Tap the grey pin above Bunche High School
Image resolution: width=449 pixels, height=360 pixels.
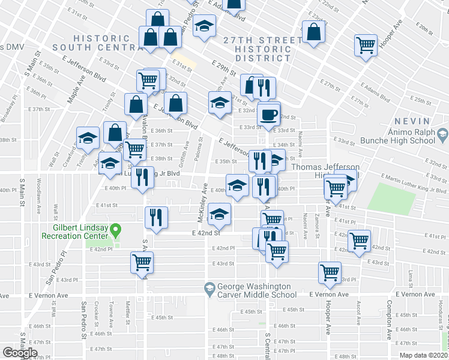tap(443, 133)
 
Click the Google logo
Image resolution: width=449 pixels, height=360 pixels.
tap(20, 353)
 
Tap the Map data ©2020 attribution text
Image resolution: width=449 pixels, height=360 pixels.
tap(424, 355)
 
